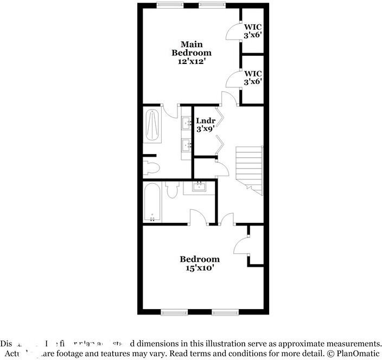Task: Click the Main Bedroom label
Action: click(191, 48)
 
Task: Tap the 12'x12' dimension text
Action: click(192, 62)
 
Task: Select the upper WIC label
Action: click(253, 26)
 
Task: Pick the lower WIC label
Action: click(253, 73)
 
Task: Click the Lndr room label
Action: click(206, 121)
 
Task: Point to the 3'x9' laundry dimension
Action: click(206, 130)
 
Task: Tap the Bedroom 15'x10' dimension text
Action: click(200, 268)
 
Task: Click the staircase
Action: click(249, 170)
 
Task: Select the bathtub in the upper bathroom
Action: click(152, 125)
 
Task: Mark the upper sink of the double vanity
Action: click(187, 123)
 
